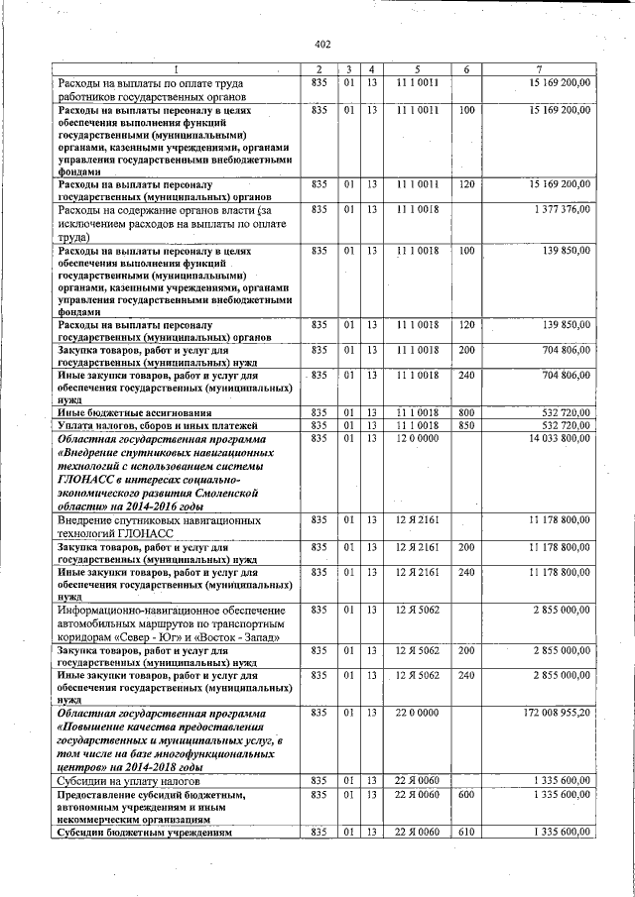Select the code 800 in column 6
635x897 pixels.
(x=465, y=412)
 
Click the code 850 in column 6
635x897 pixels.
(x=465, y=425)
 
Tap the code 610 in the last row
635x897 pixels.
(x=465, y=833)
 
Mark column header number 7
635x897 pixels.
(x=538, y=68)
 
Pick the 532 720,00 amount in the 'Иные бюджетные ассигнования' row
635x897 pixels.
(x=562, y=412)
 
